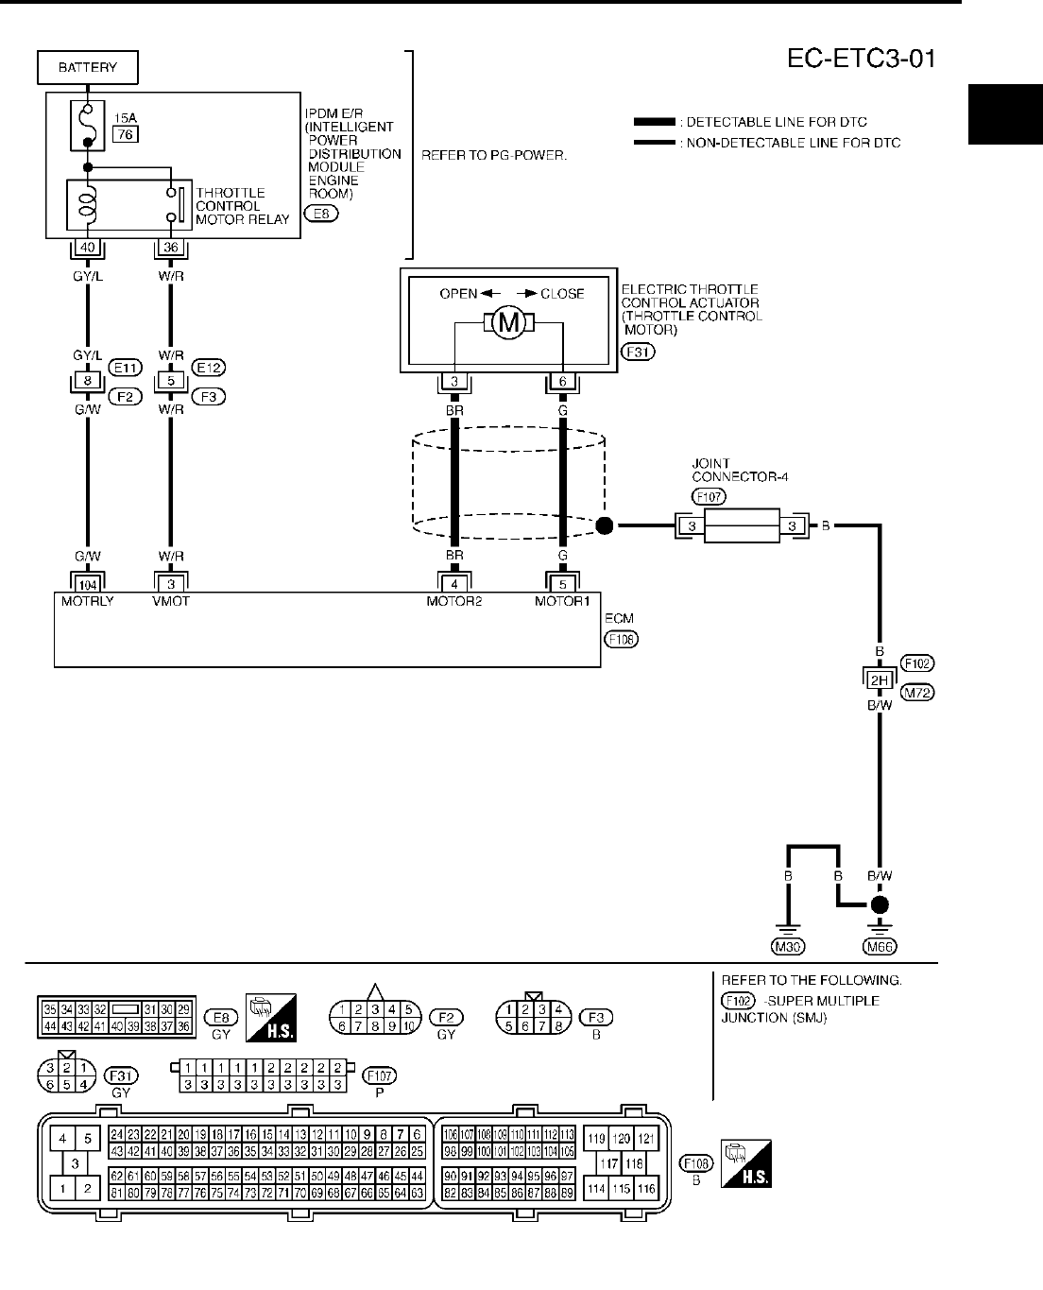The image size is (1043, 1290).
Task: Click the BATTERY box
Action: (88, 67)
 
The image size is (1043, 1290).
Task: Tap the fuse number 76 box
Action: (124, 135)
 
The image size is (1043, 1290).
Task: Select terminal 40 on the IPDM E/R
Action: (88, 248)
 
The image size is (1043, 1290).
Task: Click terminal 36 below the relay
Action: (171, 248)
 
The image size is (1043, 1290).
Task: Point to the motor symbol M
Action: (509, 324)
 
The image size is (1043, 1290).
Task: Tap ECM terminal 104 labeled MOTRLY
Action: (88, 585)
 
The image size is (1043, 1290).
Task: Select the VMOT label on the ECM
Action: (171, 602)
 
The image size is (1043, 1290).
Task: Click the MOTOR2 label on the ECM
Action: (454, 602)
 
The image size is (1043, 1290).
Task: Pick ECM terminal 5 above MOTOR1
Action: (563, 585)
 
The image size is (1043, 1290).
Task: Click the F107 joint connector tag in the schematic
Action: (709, 496)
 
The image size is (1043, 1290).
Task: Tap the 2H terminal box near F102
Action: (880, 679)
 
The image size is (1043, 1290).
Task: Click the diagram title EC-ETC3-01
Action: (861, 60)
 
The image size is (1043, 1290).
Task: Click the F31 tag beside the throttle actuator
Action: (639, 352)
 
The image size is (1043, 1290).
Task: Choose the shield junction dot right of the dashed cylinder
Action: (605, 525)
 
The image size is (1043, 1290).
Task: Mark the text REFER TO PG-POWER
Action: (494, 155)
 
